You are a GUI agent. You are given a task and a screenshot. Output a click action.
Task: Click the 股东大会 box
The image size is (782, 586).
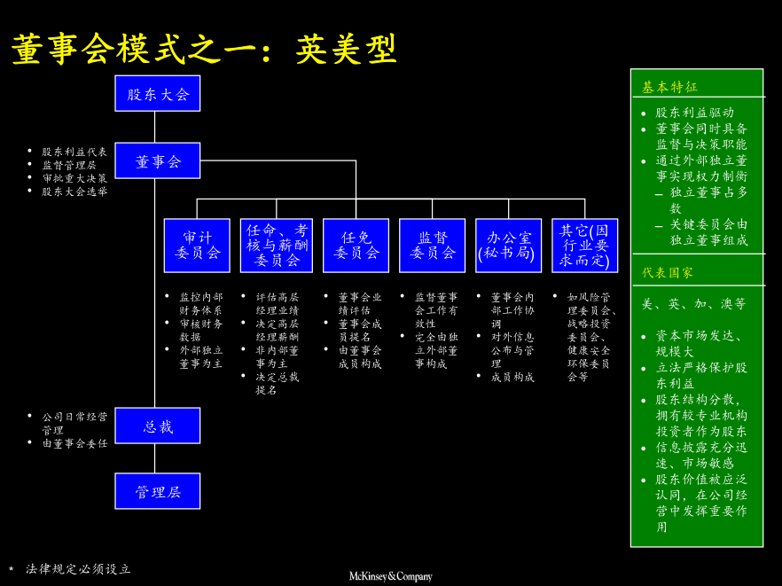tap(158, 94)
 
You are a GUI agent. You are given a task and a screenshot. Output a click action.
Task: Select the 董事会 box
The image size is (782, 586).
tap(158, 161)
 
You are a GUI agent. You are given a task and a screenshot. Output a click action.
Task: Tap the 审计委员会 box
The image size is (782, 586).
tap(197, 246)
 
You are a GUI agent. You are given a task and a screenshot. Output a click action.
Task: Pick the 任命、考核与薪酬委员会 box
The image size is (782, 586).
tap(277, 246)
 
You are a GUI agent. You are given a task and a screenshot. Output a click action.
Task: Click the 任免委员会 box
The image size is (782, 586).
tap(356, 246)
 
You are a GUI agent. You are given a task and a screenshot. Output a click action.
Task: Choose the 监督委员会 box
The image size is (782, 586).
tap(432, 246)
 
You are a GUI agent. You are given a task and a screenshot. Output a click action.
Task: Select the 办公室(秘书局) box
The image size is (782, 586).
tap(508, 246)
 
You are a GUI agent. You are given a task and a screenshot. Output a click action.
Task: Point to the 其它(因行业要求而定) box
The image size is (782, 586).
tap(584, 246)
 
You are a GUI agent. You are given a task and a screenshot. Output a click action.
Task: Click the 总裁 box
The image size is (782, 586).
tap(158, 426)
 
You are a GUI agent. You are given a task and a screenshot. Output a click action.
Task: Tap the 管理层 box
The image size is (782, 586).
tap(158, 491)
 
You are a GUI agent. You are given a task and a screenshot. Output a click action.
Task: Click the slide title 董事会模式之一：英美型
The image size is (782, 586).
tap(204, 50)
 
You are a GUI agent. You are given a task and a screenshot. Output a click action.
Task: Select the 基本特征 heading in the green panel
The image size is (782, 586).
tap(670, 87)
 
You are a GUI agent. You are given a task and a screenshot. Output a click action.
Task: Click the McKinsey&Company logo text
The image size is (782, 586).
tap(390, 576)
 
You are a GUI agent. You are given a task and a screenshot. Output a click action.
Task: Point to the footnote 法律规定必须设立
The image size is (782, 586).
tap(78, 569)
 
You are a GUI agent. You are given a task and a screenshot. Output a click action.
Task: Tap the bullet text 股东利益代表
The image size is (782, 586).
tap(74, 152)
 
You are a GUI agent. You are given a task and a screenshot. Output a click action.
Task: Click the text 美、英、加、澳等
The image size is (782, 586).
tap(694, 304)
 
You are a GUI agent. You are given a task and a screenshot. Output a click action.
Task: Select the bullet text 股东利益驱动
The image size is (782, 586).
tap(695, 113)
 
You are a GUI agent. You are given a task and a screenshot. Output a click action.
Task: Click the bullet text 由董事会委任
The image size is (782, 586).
tap(74, 443)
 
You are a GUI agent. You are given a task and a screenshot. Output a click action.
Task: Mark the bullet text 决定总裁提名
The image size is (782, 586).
tap(278, 383)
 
